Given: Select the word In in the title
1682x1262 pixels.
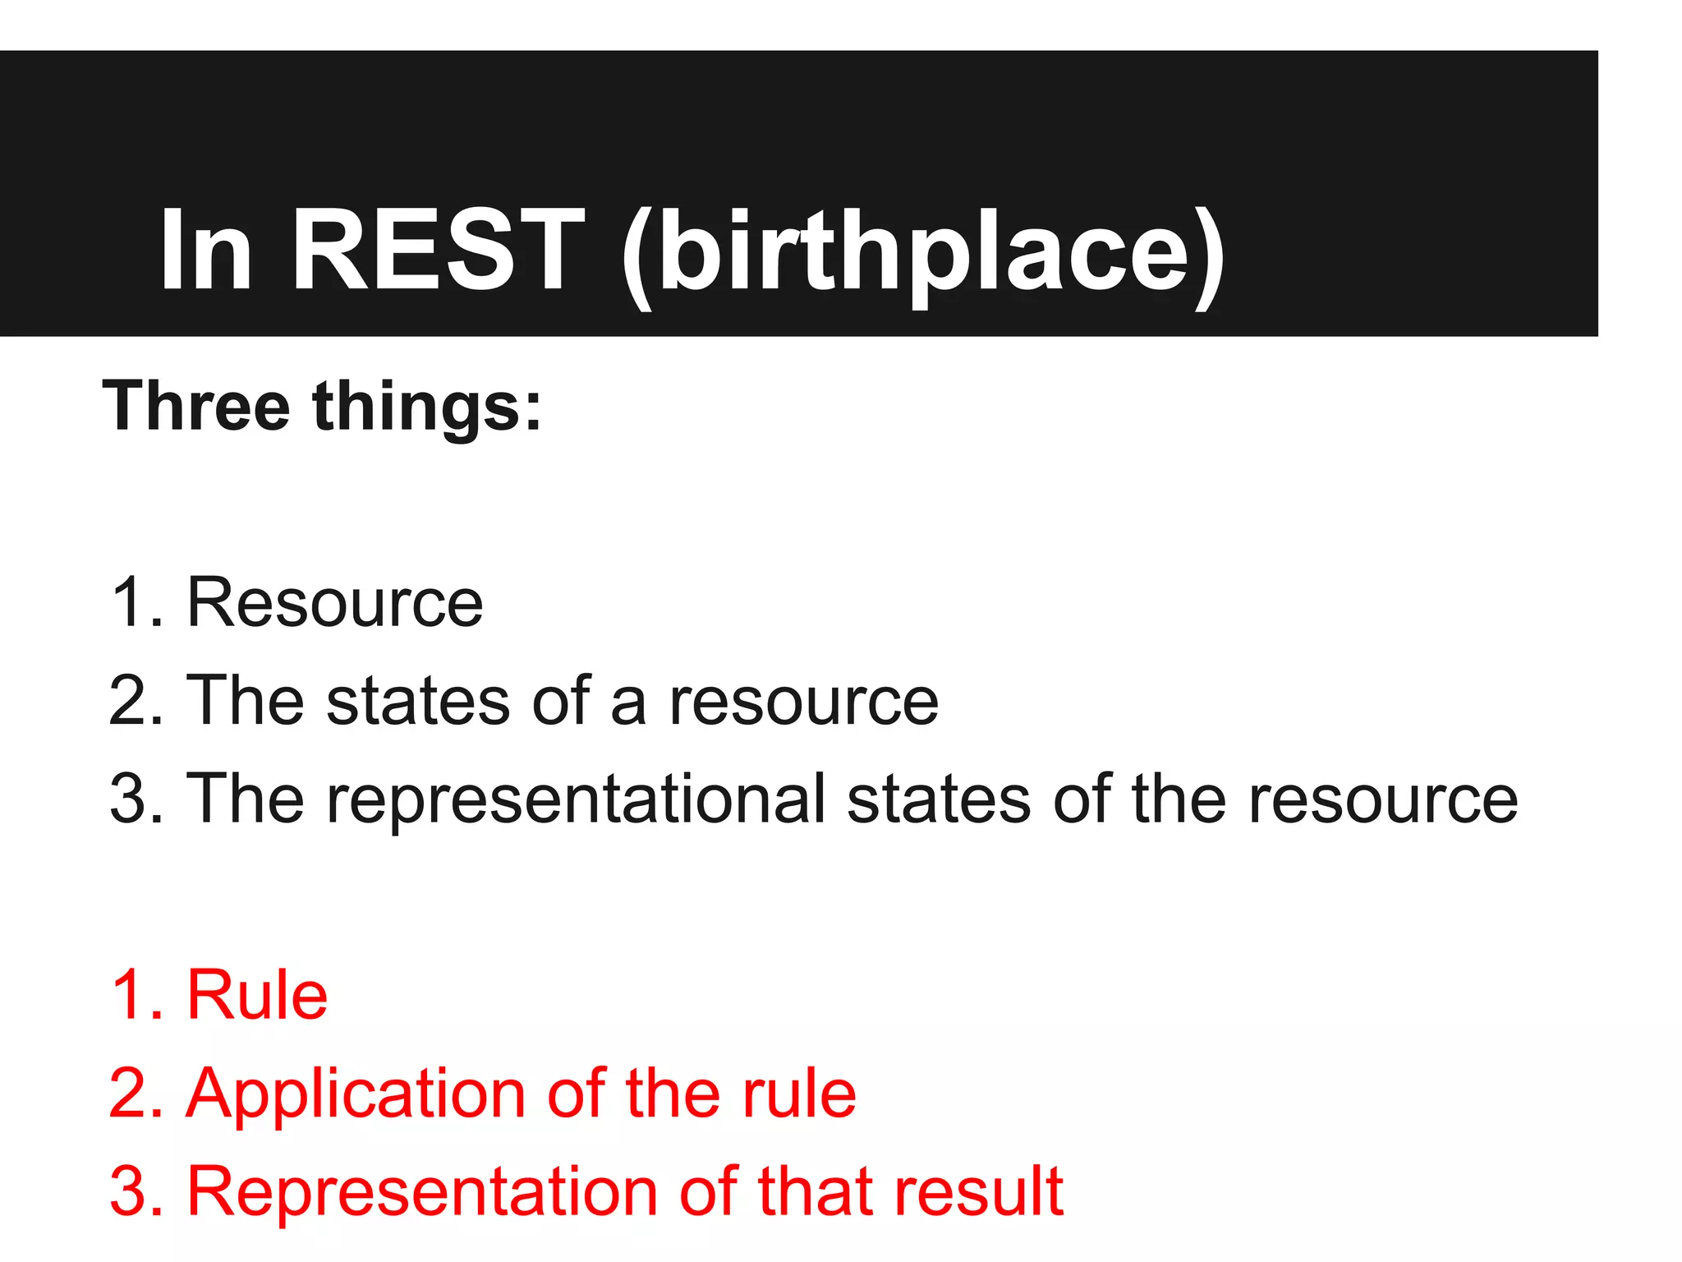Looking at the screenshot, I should coord(205,250).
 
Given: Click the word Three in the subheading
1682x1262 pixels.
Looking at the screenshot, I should coord(196,406).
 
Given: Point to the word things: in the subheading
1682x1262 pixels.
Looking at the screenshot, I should coord(427,408).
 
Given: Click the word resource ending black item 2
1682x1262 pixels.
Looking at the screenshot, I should coord(803,702).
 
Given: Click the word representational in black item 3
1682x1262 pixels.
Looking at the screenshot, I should coord(576,801).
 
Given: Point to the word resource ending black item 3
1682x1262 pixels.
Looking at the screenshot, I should coord(1383,801).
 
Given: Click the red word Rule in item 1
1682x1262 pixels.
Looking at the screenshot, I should coord(257,995).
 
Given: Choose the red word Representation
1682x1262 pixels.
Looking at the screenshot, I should coord(422,1192).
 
